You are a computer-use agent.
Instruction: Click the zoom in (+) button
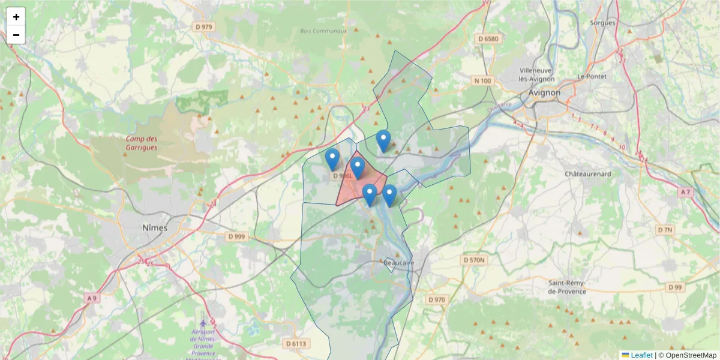(16, 17)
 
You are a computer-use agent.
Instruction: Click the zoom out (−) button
(16, 35)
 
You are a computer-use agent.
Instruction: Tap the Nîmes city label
(155, 228)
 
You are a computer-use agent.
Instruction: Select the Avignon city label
(544, 93)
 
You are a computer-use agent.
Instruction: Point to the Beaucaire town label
(398, 263)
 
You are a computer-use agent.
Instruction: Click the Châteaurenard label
(587, 173)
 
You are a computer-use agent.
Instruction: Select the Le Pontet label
(592, 77)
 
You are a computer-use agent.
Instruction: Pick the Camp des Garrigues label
(142, 143)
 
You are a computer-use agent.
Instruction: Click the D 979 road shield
(204, 27)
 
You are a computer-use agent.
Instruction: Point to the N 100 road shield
(482, 81)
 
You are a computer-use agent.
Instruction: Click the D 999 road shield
(237, 236)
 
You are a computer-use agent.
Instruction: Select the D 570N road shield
(475, 260)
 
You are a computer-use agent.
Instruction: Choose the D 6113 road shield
(295, 343)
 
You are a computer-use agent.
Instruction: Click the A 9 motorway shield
(91, 298)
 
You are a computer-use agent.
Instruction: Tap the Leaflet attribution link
(641, 355)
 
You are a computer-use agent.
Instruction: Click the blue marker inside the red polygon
(358, 169)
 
